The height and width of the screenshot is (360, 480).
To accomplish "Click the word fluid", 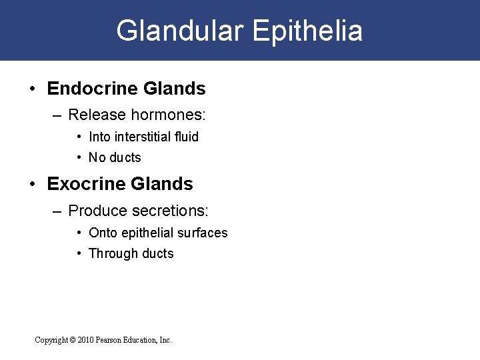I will (187, 137).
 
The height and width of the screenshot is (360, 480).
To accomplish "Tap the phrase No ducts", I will (115, 158).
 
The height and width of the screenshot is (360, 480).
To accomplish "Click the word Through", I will (111, 253).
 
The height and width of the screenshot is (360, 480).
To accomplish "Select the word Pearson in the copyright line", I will (115, 340).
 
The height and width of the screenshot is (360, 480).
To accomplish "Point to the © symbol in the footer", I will (72, 340).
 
